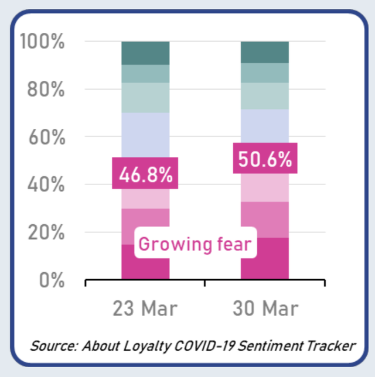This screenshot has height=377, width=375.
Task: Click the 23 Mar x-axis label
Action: click(145, 308)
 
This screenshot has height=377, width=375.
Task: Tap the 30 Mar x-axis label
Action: click(264, 308)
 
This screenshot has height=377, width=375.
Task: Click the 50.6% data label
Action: click(265, 159)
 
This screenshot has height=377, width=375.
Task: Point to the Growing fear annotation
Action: click(195, 244)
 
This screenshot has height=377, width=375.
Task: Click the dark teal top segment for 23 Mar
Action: click(145, 53)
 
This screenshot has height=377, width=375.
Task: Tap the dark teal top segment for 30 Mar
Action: click(265, 52)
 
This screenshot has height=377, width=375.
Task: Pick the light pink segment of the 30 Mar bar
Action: click(265, 188)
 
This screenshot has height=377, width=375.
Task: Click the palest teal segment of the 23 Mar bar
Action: click(145, 97)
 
